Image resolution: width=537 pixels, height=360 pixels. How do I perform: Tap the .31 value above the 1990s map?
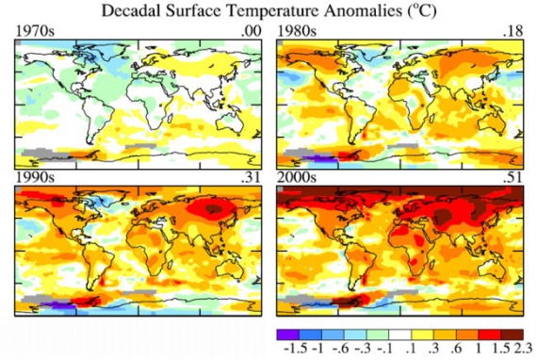tap(249, 177)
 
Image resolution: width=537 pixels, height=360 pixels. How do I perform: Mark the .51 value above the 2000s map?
tap(512, 177)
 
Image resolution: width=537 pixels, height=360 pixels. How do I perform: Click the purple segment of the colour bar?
tap(287, 333)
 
